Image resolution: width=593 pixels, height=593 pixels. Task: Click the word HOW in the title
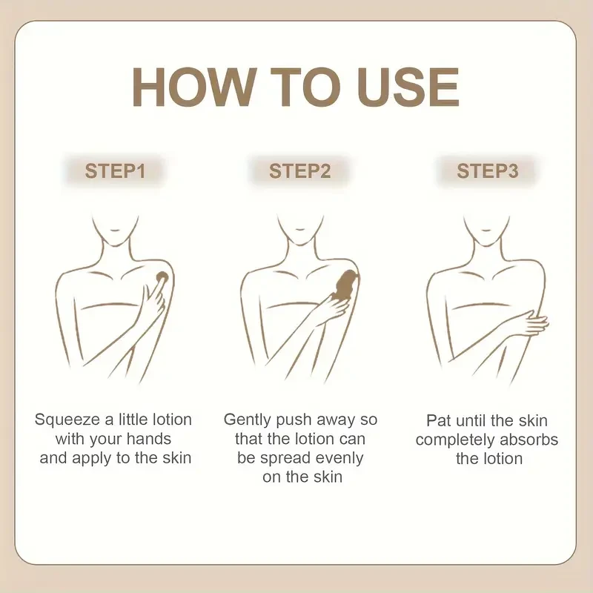(193, 87)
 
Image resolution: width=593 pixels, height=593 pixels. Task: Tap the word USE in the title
(408, 87)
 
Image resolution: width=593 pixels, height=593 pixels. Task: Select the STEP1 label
(115, 171)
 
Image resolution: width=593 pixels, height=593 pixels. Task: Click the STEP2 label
(300, 171)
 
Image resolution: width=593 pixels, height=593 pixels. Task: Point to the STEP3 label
(488, 171)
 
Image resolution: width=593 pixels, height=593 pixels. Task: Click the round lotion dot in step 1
(162, 276)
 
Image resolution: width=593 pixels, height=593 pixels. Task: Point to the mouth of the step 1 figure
(115, 230)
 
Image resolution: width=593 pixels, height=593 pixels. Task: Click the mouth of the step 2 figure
(299, 229)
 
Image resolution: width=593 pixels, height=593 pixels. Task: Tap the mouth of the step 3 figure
(486, 230)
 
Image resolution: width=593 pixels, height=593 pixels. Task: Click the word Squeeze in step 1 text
(67, 420)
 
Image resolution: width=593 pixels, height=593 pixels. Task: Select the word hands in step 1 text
(149, 439)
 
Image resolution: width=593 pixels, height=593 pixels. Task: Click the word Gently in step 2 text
(248, 420)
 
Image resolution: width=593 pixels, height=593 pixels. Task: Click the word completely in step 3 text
(455, 440)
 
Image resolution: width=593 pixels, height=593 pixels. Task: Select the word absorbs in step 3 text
(529, 440)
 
